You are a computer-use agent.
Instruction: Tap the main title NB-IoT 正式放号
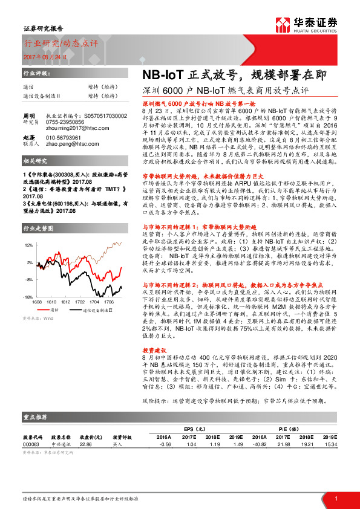coord(180,76)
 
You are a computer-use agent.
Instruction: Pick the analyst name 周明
coord(28,115)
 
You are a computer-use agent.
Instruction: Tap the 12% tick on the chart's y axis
coord(28,245)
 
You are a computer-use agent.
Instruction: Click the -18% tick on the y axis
coord(28,297)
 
